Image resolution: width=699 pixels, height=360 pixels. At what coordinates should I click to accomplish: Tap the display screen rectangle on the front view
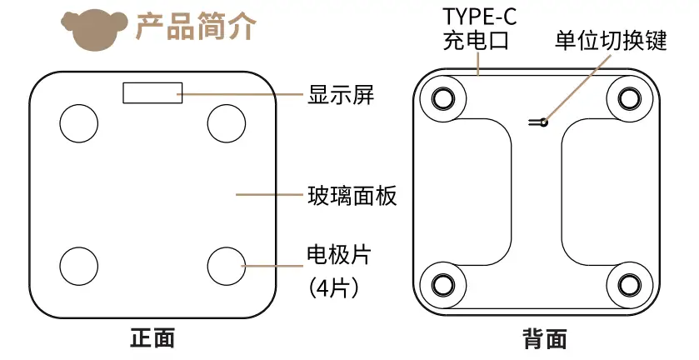(x=152, y=92)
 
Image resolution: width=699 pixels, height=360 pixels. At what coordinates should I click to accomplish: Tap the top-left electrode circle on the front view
(x=78, y=122)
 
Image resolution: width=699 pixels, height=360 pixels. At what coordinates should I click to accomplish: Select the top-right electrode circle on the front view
(x=226, y=122)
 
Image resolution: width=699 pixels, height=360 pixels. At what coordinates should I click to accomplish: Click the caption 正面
(x=152, y=338)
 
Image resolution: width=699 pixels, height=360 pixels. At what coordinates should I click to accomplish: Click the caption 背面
(x=545, y=339)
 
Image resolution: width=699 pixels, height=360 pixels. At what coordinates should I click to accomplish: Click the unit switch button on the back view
(x=542, y=122)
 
